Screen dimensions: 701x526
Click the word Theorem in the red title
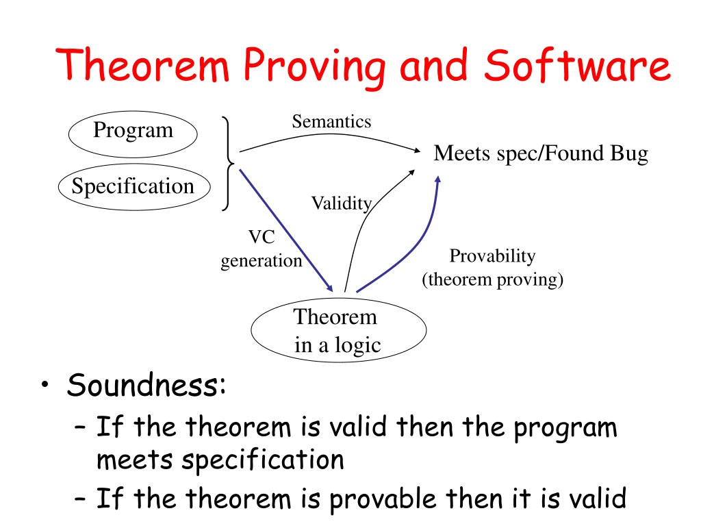pyautogui.click(x=142, y=65)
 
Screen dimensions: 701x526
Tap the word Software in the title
pyautogui.click(x=577, y=65)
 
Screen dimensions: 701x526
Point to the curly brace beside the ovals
pyautogui.click(x=229, y=163)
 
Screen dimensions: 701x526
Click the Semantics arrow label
pyautogui.click(x=331, y=122)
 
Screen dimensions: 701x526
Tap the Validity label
pyautogui.click(x=342, y=203)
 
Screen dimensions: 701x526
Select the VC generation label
pyautogui.click(x=262, y=249)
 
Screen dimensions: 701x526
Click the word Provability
pyautogui.click(x=492, y=256)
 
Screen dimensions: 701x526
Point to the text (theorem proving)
pyautogui.click(x=492, y=279)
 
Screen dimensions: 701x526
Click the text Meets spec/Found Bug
pyautogui.click(x=541, y=153)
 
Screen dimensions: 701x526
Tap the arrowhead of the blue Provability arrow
pyautogui.click(x=438, y=179)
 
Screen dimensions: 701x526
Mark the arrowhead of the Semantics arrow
pyautogui.click(x=418, y=151)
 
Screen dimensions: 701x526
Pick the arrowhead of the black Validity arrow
pyautogui.click(x=411, y=173)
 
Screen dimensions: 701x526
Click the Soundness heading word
pyautogui.click(x=146, y=385)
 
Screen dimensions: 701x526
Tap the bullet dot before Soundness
pyautogui.click(x=44, y=386)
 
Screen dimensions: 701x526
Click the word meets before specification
pyautogui.click(x=135, y=460)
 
